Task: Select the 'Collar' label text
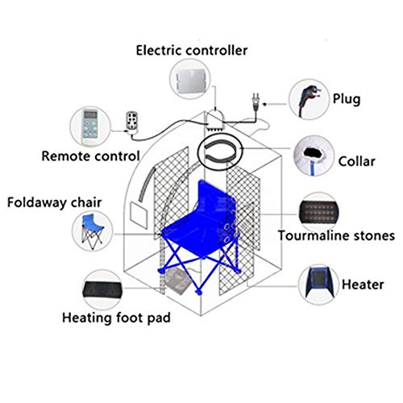pos(355,161)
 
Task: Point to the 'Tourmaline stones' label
pos(335,236)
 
